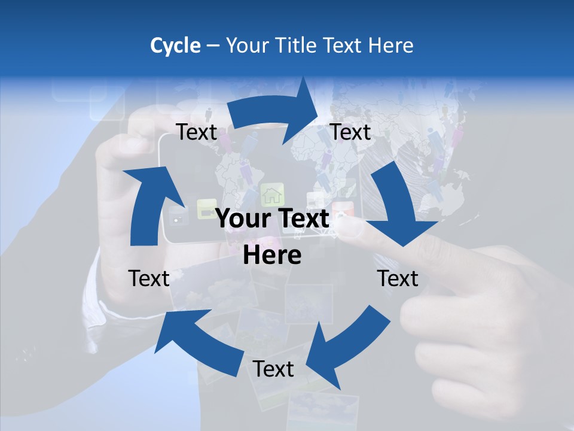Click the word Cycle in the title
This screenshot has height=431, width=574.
point(175,45)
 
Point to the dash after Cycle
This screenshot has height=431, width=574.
point(213,46)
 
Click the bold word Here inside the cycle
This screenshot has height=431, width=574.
point(272,256)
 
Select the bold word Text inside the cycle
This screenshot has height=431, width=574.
point(301,219)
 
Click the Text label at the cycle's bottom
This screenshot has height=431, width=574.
point(273,369)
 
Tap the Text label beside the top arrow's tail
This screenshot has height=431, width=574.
point(197,132)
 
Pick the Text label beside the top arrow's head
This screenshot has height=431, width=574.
point(350,132)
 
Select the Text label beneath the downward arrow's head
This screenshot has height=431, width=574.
point(398,278)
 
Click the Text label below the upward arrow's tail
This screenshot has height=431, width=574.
point(149,278)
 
